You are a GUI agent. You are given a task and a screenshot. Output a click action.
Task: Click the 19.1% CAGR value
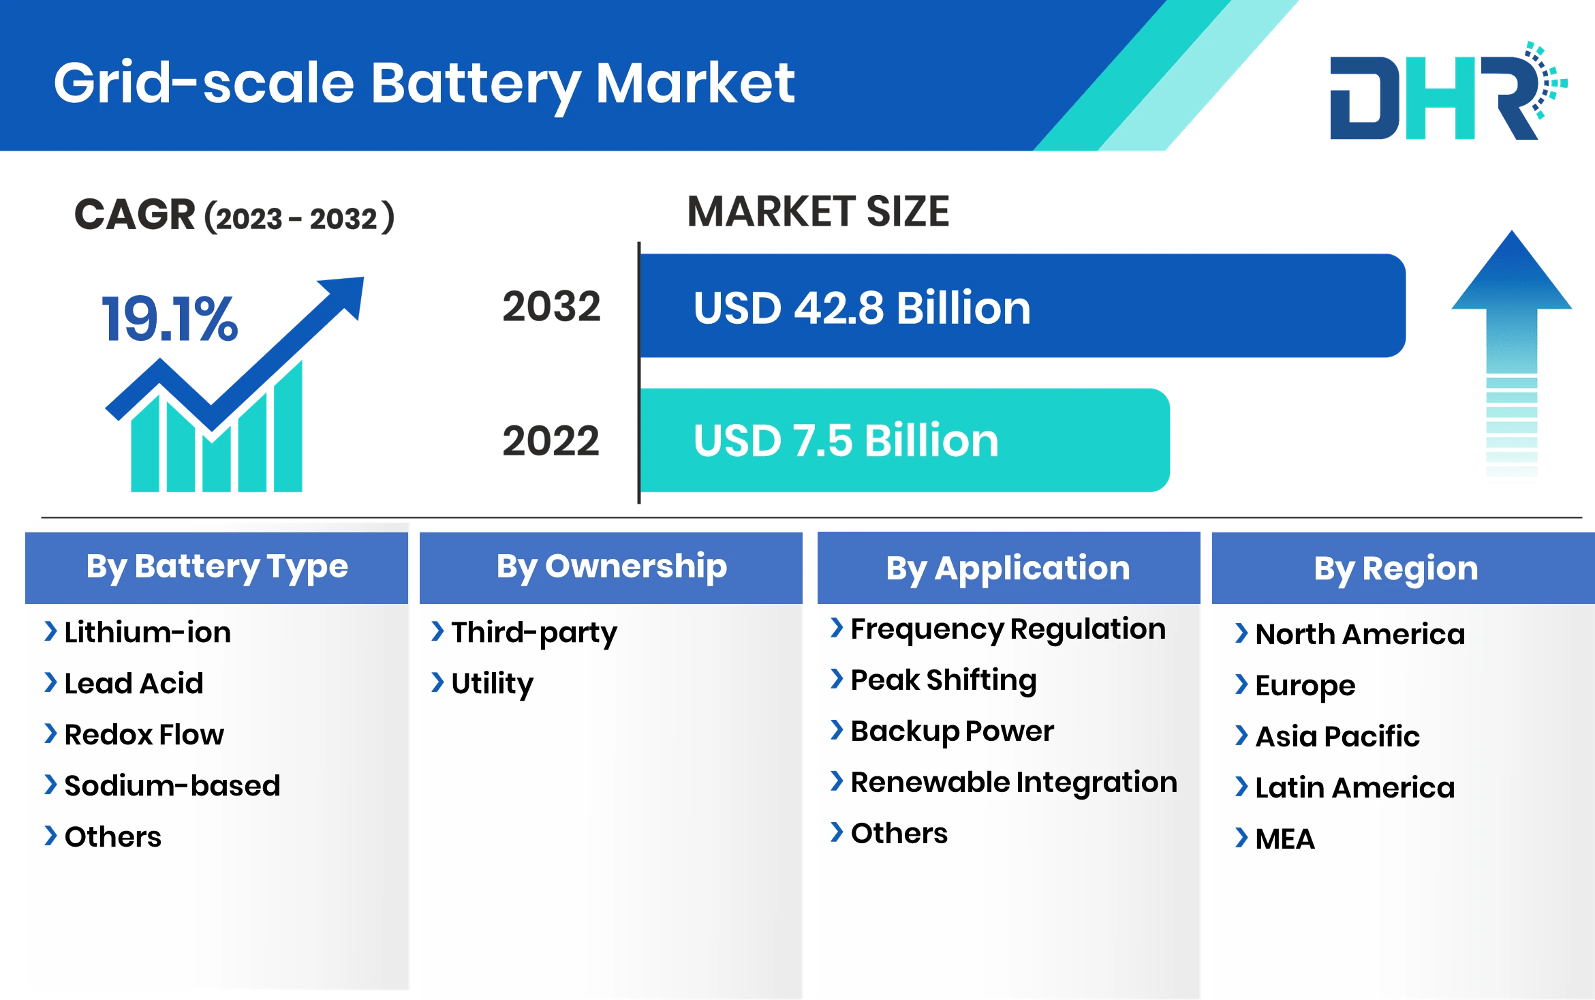[x=170, y=319]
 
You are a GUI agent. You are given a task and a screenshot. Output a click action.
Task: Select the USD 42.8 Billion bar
[x=1022, y=306]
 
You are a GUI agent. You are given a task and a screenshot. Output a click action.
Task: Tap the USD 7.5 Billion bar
[x=905, y=440]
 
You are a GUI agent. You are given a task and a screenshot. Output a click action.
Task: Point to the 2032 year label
[x=551, y=307]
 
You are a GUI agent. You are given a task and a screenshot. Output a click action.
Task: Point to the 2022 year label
[x=551, y=441]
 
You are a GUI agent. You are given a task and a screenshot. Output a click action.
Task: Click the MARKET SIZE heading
[x=818, y=211]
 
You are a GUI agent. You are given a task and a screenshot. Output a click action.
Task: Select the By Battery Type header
[x=217, y=567]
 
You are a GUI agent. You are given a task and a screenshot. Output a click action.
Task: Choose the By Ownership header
[x=611, y=567]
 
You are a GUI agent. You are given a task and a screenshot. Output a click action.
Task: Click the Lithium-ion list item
[x=147, y=633]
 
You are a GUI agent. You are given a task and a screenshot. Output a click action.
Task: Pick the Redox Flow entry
[x=144, y=735]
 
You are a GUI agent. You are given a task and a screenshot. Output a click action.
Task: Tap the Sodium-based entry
[x=172, y=786]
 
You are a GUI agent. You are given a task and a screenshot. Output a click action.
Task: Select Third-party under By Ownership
[x=534, y=633]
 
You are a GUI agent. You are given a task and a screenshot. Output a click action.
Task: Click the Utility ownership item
[x=492, y=684]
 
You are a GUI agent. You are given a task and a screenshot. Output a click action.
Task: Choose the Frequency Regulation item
[x=1008, y=629]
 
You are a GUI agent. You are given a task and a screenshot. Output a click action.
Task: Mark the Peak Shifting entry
[x=944, y=680]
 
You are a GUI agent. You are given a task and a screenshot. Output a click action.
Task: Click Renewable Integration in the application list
[x=1014, y=783]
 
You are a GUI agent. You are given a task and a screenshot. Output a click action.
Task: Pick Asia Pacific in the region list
[x=1337, y=736]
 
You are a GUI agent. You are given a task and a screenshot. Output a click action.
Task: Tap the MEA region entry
[x=1285, y=838]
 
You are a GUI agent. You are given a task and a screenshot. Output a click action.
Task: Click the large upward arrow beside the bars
[x=1511, y=354]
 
